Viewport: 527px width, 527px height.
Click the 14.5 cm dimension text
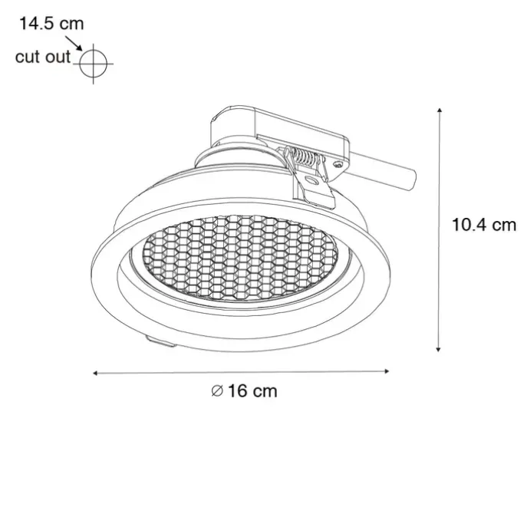click(51, 24)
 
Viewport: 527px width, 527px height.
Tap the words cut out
click(43, 57)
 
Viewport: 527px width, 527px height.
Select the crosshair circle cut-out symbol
click(94, 64)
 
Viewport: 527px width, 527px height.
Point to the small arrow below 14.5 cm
click(74, 44)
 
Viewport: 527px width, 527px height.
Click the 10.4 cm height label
click(483, 225)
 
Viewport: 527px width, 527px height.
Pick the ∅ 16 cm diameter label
click(245, 391)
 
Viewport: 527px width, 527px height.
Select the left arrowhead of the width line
click(95, 373)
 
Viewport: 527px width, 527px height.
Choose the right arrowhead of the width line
click(387, 371)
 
